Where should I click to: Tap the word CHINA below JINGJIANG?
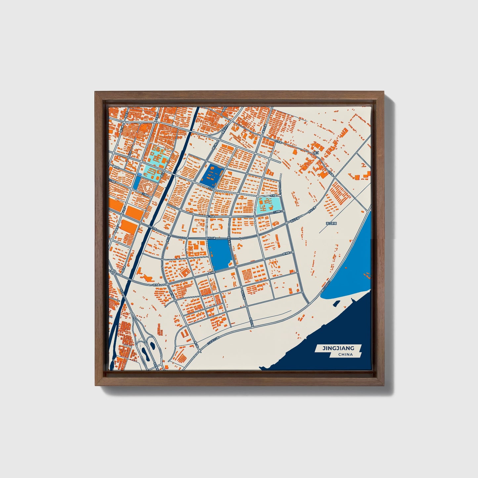coord(345,355)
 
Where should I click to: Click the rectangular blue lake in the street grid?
coord(220,254)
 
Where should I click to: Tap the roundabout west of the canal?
coord(113,272)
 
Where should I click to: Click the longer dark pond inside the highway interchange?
coord(144,355)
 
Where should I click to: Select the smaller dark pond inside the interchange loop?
coord(152,346)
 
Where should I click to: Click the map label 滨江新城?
coord(331,224)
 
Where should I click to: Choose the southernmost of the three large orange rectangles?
coord(129,227)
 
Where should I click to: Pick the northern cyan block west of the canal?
coord(158,155)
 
